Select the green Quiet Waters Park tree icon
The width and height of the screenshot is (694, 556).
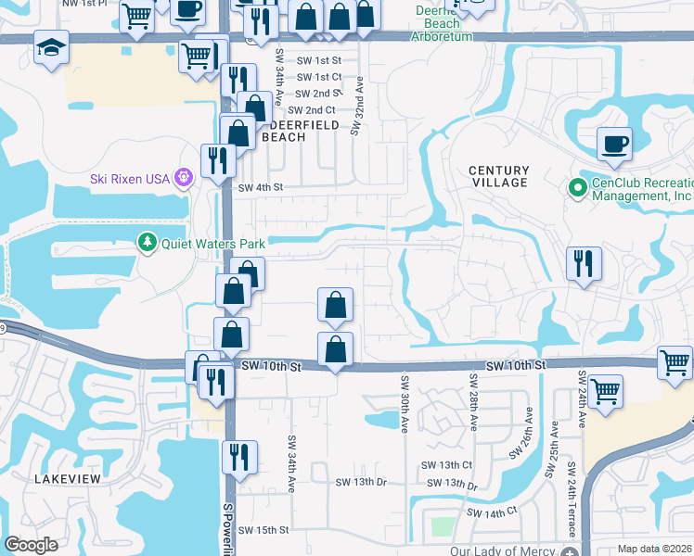pyautogui.click(x=147, y=244)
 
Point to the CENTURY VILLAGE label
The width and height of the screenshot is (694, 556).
pyautogui.click(x=498, y=176)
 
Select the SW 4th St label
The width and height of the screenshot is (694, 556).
pyautogui.click(x=259, y=187)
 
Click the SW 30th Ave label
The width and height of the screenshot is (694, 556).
pyautogui.click(x=405, y=403)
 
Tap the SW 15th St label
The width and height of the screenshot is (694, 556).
pyautogui.click(x=264, y=530)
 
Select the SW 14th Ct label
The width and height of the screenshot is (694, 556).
pyautogui.click(x=491, y=512)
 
